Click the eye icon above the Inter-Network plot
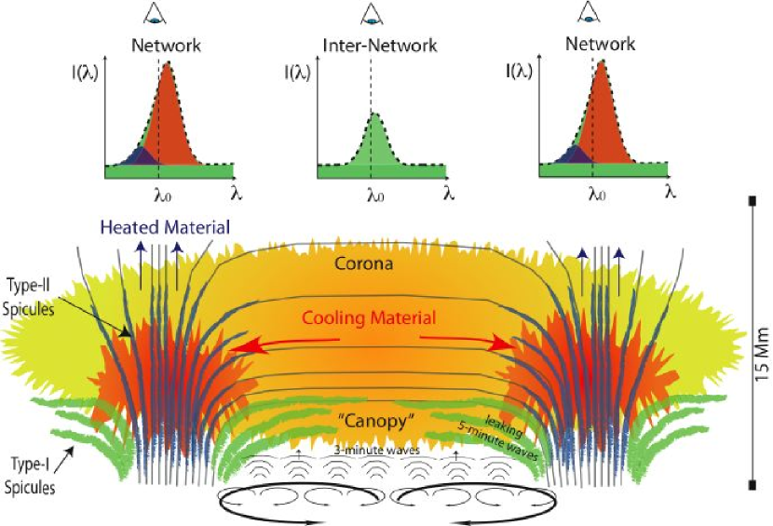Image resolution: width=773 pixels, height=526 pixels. (373, 13)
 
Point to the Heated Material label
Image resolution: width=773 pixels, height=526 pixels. (152, 227)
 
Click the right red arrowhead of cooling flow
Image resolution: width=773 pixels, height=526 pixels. (507, 346)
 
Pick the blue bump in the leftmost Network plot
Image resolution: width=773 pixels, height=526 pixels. (137, 156)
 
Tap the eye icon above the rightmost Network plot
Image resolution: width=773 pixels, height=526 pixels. (587, 12)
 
